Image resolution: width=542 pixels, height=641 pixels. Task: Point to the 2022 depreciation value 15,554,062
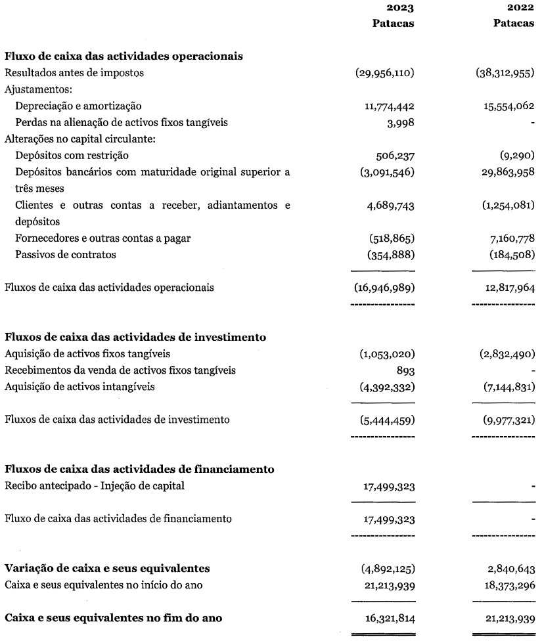503,105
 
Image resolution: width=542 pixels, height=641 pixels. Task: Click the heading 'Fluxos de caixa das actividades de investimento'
135,338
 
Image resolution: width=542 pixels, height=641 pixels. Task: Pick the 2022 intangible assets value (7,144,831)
504,386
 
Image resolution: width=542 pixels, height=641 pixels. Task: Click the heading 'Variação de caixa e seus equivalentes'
107,567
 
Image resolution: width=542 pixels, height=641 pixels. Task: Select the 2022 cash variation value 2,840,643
507,567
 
